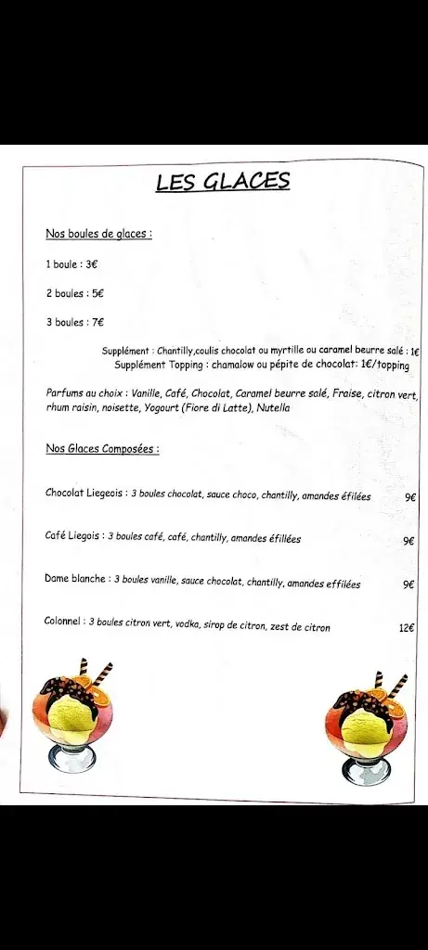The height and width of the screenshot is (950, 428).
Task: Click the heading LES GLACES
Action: pyautogui.click(x=223, y=182)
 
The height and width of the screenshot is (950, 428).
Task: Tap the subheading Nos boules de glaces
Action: pyautogui.click(x=97, y=234)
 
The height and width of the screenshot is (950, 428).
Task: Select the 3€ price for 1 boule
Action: pyautogui.click(x=92, y=263)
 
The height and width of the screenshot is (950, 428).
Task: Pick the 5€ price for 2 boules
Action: pyautogui.click(x=97, y=293)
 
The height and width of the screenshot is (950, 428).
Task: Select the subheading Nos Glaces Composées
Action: pyautogui.click(x=101, y=449)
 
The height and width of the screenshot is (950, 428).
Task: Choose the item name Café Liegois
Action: pyautogui.click(x=73, y=536)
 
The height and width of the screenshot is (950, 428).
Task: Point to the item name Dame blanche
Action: pyautogui.click(x=75, y=580)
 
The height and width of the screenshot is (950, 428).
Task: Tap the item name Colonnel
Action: pyautogui.click(x=64, y=622)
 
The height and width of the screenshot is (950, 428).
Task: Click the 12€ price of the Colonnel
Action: pyautogui.click(x=407, y=628)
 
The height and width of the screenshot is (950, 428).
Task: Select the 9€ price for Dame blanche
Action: pyautogui.click(x=409, y=584)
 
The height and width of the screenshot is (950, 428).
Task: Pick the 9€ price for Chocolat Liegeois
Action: pyautogui.click(x=409, y=497)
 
